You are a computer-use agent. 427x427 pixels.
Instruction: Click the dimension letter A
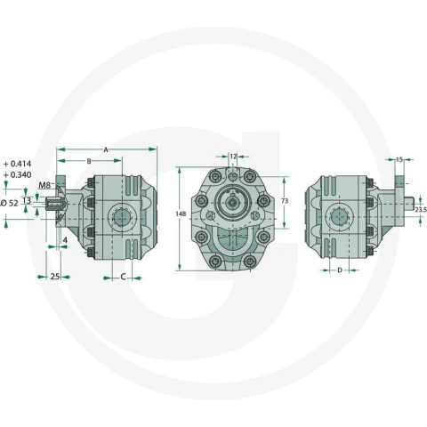[106, 150]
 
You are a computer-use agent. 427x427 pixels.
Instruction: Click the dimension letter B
[89, 161]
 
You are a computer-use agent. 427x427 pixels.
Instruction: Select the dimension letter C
[123, 277]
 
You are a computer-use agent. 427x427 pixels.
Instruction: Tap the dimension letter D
[340, 270]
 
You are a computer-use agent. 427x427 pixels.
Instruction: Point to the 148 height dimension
[181, 213]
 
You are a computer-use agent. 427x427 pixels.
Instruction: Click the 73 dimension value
[285, 201]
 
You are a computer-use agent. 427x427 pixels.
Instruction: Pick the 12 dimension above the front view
[233, 156]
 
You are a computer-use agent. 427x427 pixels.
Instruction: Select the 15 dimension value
[399, 160]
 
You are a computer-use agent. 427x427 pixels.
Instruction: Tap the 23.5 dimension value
[421, 210]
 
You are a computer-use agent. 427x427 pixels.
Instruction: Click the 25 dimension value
[55, 277]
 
